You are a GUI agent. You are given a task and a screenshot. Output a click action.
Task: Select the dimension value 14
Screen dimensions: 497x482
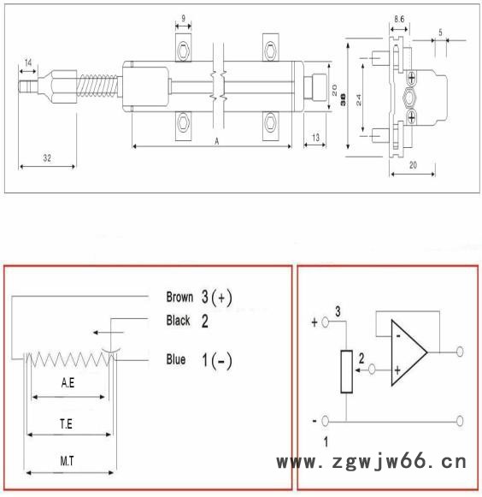point(28,63)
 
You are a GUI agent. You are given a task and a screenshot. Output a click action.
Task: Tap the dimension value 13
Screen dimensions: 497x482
point(315,138)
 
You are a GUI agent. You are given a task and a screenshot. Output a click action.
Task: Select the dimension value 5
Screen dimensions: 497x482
point(439,32)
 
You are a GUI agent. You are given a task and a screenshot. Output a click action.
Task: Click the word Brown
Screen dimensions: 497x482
point(179,298)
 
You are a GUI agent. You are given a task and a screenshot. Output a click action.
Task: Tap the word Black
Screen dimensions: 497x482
point(179,321)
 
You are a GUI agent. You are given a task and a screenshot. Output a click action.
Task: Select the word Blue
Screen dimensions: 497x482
point(176,360)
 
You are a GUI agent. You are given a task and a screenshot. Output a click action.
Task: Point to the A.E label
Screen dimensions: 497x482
point(69,385)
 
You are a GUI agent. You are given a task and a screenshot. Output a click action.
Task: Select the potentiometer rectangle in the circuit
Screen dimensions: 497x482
point(345,372)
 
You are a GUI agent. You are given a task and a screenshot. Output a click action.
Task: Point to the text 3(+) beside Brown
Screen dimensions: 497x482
point(217,298)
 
